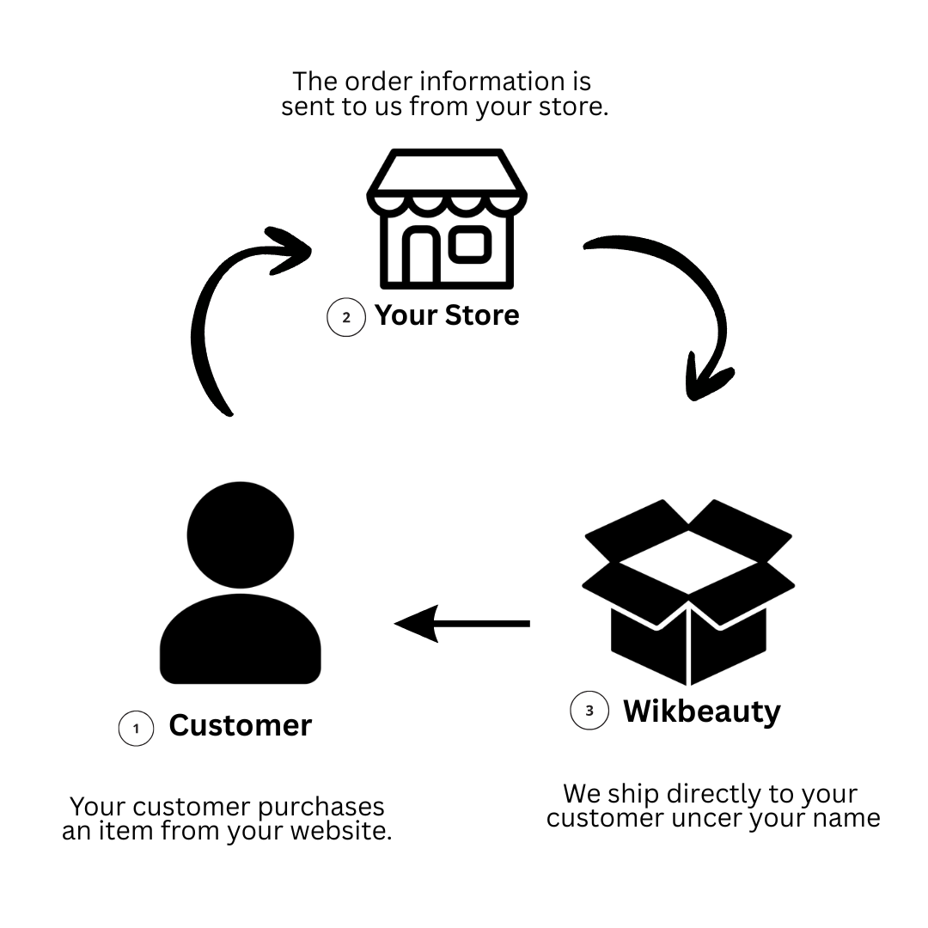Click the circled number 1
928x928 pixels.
click(136, 729)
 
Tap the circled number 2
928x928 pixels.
click(346, 317)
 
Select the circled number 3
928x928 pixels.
click(589, 711)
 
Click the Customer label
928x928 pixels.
click(241, 725)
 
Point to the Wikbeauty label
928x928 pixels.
click(702, 711)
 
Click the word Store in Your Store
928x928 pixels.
click(482, 315)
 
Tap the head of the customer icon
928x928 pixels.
click(241, 535)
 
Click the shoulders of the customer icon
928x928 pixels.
click(241, 639)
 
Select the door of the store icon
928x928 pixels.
click(421, 255)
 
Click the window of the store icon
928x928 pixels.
click(471, 244)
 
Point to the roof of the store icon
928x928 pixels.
click(447, 172)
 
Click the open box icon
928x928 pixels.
click(688, 592)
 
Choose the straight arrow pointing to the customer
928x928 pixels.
click(462, 624)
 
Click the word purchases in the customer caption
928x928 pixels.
click(321, 807)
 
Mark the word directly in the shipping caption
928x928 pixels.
click(714, 794)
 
